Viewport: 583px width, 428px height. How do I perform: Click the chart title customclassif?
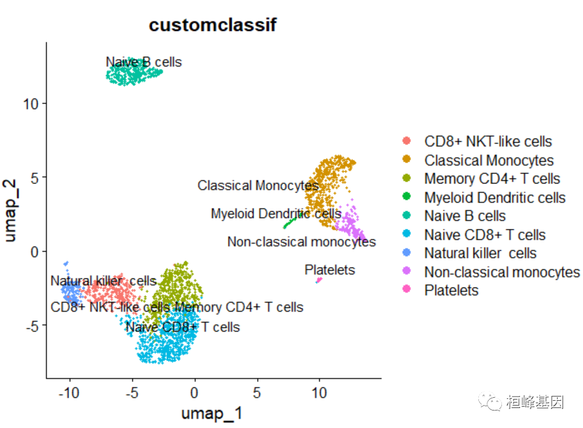click(213, 25)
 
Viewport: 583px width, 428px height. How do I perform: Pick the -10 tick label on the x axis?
click(70, 393)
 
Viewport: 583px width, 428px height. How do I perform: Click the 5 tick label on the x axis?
click(256, 393)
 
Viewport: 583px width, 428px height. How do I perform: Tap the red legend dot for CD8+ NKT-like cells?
click(406, 142)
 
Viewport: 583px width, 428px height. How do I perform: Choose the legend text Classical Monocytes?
click(489, 160)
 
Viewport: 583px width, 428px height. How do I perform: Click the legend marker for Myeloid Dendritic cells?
click(406, 198)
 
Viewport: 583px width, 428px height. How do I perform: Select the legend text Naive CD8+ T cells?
click(484, 235)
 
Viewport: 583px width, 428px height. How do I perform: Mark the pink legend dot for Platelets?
click(406, 291)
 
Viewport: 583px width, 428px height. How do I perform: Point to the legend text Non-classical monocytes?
click(502, 272)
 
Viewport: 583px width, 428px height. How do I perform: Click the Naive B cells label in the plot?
click(143, 62)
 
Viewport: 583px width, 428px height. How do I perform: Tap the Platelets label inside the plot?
click(330, 270)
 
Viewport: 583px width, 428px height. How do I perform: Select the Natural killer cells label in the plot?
click(103, 281)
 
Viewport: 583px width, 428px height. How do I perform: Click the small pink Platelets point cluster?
click(318, 280)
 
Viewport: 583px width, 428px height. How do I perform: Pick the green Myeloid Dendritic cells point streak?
click(290, 223)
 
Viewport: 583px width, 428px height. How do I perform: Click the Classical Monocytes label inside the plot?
click(258, 185)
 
